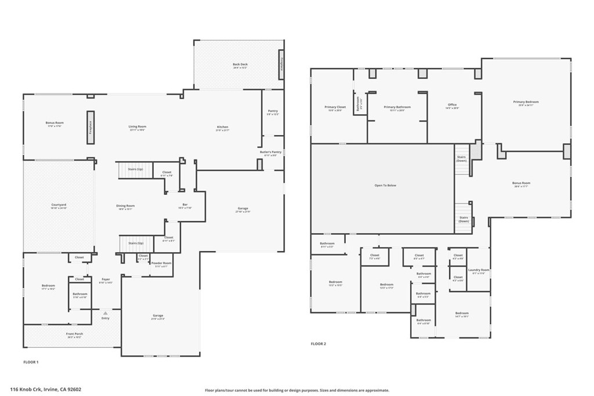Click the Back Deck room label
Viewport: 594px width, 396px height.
pos(240,65)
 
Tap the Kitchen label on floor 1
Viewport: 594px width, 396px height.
pos(223,128)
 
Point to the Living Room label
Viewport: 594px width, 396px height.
pos(137,127)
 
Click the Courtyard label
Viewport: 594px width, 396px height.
pos(59,205)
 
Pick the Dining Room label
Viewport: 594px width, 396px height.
pos(126,206)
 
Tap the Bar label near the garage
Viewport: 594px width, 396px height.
pos(185,205)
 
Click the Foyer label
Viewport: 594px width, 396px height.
pos(106,280)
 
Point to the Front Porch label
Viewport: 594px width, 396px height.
pos(74,335)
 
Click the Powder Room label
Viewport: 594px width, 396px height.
pos(162,264)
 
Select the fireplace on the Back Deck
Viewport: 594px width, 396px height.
pos(281,63)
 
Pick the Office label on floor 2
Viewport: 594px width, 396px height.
pos(452,106)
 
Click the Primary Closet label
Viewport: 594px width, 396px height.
pos(335,107)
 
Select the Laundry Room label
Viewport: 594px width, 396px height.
pos(479,271)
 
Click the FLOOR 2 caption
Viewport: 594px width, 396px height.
pos(318,344)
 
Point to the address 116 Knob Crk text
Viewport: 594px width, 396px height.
pos(46,390)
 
